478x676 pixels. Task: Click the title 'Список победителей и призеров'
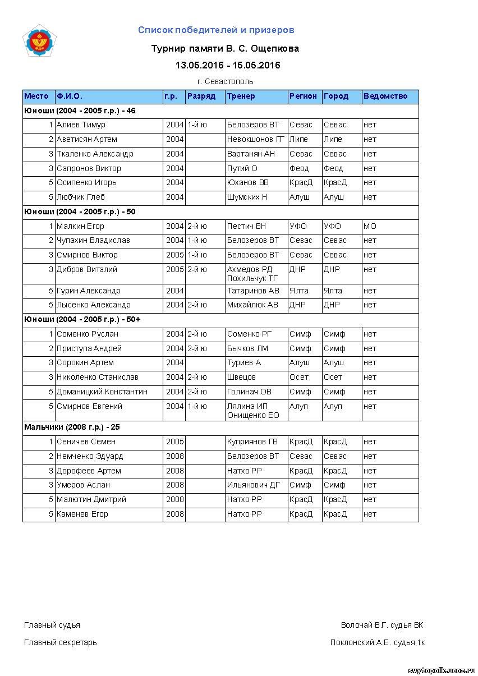point(216,30)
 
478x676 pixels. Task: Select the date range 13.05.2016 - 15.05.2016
point(227,65)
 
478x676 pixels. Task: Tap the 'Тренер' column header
point(241,96)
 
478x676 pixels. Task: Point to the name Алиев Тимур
point(81,125)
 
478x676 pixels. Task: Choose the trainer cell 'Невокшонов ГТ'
point(255,140)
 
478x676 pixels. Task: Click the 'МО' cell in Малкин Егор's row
point(370,227)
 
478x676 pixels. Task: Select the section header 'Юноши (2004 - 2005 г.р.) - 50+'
point(82,320)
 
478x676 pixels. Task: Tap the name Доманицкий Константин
point(102,392)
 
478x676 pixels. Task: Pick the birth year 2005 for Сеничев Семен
point(174,442)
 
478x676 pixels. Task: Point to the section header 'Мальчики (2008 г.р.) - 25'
point(72,427)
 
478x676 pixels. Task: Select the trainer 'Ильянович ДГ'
point(253,485)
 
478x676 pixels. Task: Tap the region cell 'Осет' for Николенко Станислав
point(299,378)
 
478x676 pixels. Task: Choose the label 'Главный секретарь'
point(60,642)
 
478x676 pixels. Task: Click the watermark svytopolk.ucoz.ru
point(442,670)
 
